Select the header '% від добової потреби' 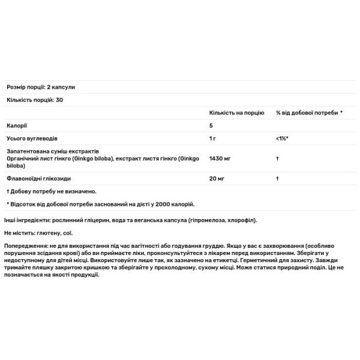(x=307, y=112)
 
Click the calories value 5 (x=211, y=125)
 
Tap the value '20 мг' (x=217, y=178)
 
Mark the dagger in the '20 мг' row (x=278, y=178)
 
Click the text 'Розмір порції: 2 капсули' (x=41, y=87)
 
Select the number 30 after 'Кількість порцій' (x=59, y=99)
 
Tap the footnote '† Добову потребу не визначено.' (x=52, y=191)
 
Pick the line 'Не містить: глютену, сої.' (x=42, y=233)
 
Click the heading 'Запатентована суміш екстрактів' (x=56, y=152)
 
